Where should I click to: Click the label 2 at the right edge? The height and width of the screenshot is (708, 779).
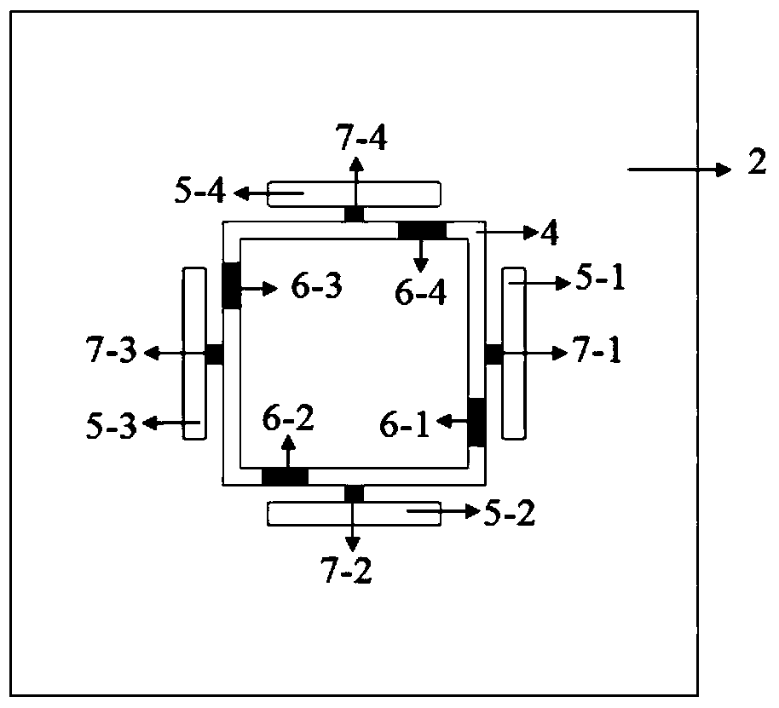pos(757,164)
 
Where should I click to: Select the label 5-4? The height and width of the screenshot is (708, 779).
pos(200,193)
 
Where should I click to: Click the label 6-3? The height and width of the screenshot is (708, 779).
pos(316,288)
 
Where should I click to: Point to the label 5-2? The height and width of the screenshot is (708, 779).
pos(510,515)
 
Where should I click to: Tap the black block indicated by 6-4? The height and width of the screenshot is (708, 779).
pos(423,230)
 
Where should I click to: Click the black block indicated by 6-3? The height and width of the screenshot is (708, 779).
pos(231,285)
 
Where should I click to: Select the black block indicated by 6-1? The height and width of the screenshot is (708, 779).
pos(477,421)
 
